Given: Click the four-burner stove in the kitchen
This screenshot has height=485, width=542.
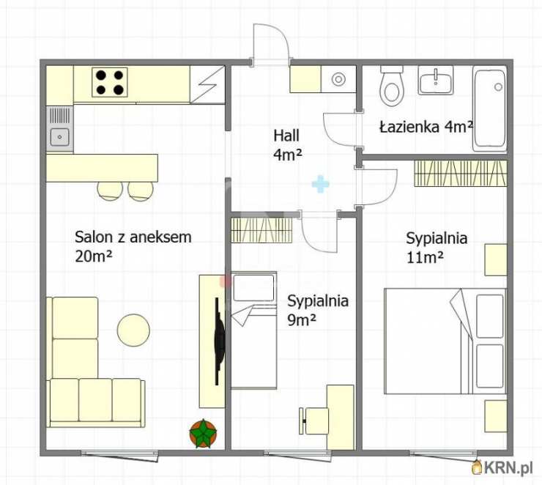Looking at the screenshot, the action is tap(110, 82).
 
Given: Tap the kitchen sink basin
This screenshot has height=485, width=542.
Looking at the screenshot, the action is tap(60, 136).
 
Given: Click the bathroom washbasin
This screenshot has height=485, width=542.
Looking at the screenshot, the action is tap(436, 81).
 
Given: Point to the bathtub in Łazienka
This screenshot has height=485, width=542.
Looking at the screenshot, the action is tap(489, 108).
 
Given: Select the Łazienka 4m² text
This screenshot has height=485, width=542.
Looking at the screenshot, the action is tap(426, 127).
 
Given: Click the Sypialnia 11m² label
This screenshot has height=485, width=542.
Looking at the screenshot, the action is tap(437, 248).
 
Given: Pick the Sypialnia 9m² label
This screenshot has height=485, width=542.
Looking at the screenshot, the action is tap(318, 310).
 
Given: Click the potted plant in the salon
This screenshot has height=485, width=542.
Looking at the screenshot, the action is tap(204, 433).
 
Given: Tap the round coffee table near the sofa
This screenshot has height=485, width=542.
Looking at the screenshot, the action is tap(133, 330).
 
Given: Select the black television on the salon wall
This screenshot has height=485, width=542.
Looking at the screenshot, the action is tap(219, 341).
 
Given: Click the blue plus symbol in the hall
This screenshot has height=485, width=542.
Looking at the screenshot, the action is tap(320, 184).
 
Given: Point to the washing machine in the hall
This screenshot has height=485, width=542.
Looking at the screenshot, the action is tap(338, 79).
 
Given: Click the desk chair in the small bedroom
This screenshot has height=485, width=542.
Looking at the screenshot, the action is tap(313, 421).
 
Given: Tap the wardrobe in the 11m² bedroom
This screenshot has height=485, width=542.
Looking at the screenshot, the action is tap(461, 174).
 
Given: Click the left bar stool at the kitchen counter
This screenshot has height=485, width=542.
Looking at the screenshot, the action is tap(110, 190).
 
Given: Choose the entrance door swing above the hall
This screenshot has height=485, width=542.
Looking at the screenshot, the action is tap(271, 44).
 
